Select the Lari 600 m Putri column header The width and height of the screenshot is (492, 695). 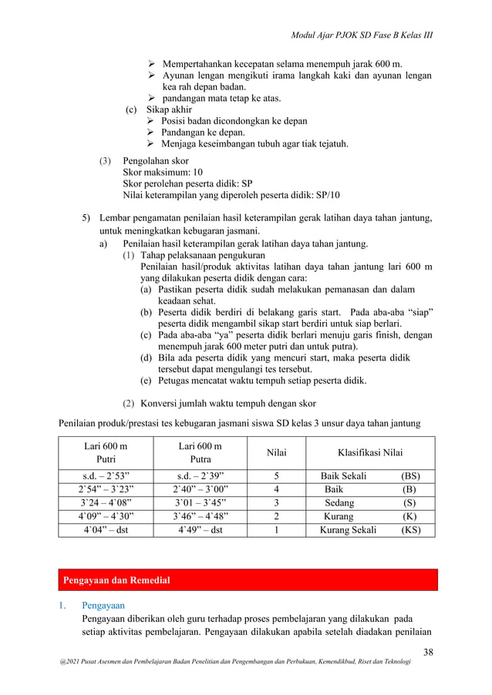pos(106,452)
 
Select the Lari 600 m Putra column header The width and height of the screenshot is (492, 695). pos(200,452)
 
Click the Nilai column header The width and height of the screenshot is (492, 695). pos(275,453)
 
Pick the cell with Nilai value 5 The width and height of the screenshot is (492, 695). pos(275,475)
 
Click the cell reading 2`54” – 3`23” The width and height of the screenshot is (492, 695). pos(106,489)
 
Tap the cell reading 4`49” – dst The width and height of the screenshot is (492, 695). pos(200,530)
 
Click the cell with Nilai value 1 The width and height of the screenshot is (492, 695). pos(275,530)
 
